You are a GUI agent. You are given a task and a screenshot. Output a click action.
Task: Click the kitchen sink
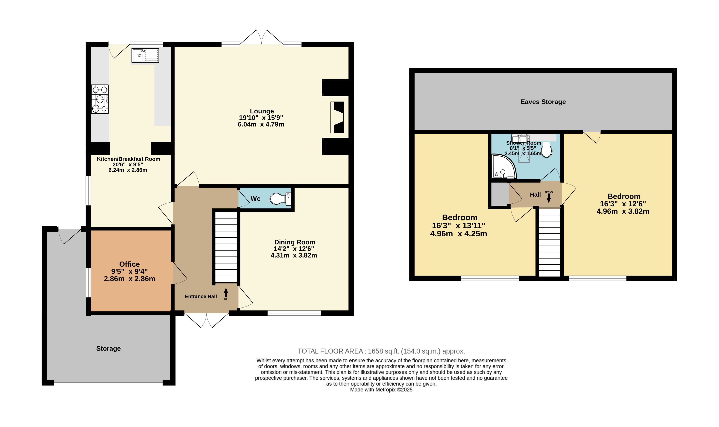145,55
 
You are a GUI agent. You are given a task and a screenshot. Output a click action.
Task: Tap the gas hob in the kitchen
100,99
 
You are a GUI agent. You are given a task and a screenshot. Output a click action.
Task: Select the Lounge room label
262,111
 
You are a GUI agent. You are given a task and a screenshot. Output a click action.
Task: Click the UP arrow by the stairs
226,293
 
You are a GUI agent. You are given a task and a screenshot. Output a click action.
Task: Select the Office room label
130,264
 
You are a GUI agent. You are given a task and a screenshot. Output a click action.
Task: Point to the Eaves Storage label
543,102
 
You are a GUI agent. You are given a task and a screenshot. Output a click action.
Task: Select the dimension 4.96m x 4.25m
458,234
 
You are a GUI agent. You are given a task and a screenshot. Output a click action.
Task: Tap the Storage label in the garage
108,348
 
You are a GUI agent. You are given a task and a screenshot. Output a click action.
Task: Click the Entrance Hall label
201,296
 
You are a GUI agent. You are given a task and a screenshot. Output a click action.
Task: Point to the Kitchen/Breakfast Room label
128,159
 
